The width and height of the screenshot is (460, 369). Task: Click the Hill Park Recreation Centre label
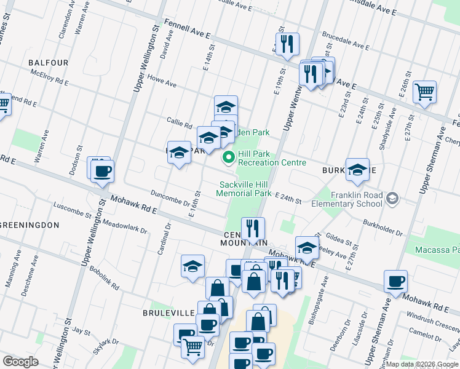tap(271, 158)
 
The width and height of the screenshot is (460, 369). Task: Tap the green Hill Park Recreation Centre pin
tap(229, 158)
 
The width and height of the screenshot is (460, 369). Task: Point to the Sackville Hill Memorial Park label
tap(244, 189)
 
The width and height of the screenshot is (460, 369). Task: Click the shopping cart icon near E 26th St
tap(425, 92)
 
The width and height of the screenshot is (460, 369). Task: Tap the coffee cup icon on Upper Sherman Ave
tap(395, 281)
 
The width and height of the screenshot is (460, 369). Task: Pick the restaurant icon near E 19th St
tap(287, 44)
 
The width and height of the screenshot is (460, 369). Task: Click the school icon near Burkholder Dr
tap(357, 170)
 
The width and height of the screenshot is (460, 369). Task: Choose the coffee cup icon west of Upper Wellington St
tap(102, 171)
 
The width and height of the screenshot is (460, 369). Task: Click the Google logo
tap(20, 362)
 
